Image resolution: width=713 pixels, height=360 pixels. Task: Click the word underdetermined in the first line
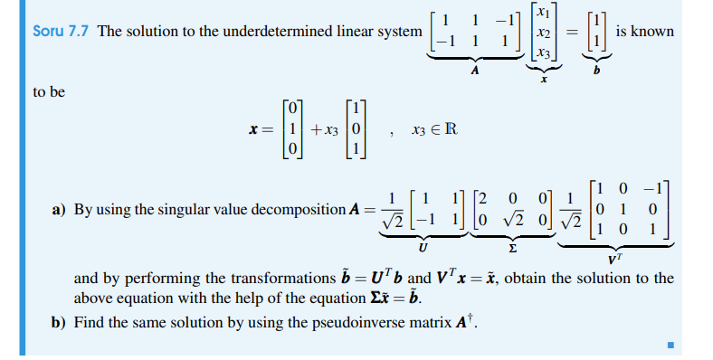(282, 31)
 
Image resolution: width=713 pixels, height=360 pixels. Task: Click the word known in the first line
(654, 31)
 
